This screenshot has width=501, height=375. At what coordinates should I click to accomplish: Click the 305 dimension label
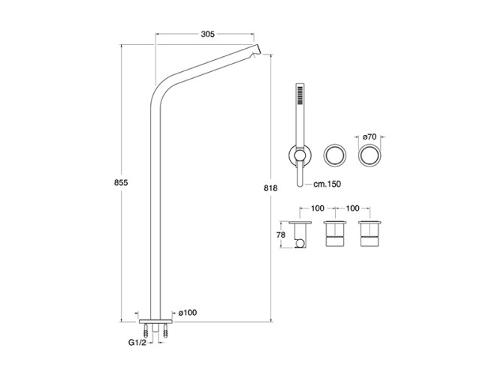(207, 34)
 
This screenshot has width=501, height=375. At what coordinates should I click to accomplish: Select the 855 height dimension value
(121, 182)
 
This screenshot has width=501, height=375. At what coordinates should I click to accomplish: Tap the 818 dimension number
(270, 188)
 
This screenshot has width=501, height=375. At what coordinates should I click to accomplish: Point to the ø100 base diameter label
(188, 313)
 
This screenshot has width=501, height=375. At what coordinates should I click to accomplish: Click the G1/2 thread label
(137, 343)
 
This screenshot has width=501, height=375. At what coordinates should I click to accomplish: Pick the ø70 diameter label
(370, 137)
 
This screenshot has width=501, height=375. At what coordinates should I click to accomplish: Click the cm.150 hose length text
(327, 184)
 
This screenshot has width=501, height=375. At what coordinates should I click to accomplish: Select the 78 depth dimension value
(280, 235)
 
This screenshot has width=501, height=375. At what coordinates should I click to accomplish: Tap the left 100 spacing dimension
(318, 208)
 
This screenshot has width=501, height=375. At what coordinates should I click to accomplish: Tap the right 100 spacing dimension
(352, 208)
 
